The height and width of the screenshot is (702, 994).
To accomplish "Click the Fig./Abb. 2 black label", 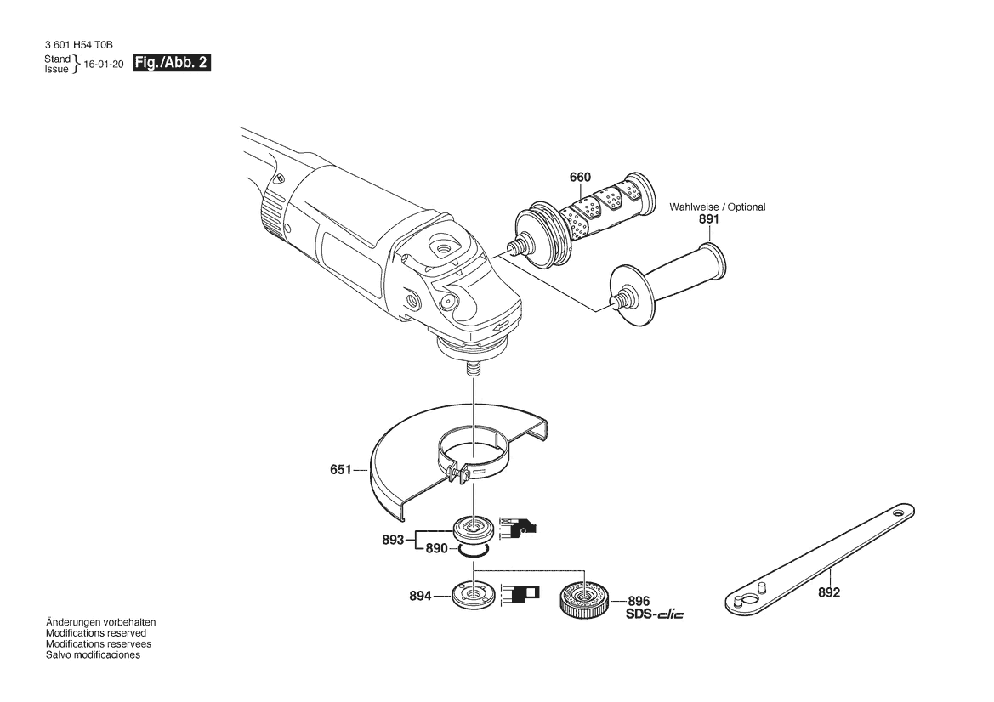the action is point(171,63).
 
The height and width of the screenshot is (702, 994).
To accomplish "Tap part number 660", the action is point(580,177).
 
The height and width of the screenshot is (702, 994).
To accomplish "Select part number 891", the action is point(709,218).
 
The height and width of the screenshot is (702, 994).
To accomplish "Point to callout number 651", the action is point(340,469).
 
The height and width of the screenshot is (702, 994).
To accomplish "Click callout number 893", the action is point(393,540).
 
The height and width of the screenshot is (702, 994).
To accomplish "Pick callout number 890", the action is point(436,548).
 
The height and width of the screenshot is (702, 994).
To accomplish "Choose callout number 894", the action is point(420,596).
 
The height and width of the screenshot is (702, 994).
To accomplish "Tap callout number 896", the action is point(639,601).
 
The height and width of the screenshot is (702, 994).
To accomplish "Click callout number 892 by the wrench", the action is point(828,592).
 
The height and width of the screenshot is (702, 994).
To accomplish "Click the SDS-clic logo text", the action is point(654,614).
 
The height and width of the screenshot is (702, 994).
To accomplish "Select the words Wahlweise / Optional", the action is point(718,207).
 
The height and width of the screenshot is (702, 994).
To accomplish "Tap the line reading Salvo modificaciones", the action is point(93,654).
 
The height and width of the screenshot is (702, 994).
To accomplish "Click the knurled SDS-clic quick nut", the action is point(584,598).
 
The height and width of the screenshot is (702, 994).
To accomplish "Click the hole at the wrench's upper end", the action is point(900,512).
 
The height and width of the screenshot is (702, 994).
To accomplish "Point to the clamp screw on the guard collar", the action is point(457,473).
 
